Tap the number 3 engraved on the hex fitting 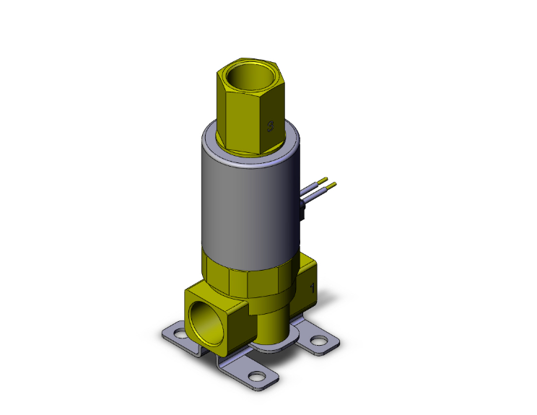tap(269, 126)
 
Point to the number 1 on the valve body tap(313, 287)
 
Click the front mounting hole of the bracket tap(256, 376)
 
